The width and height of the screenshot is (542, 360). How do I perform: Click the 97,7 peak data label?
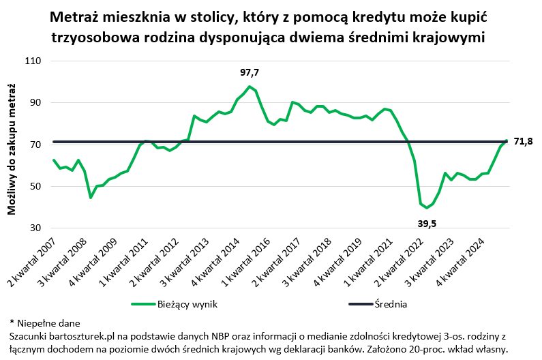250,72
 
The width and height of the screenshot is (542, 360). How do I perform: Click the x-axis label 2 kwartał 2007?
33,262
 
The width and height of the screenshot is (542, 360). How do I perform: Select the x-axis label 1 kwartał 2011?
122,262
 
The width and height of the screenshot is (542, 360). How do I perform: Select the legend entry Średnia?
391,304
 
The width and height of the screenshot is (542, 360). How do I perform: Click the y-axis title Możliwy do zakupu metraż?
12,147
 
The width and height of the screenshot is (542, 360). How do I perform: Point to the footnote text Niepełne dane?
48,322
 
